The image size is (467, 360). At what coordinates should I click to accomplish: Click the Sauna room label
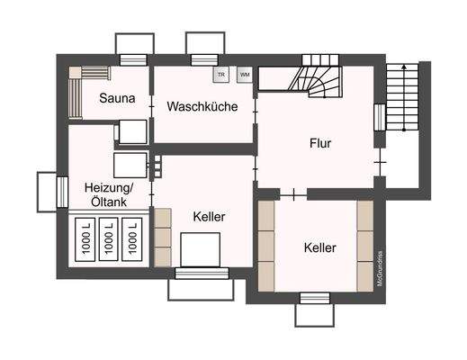point(118,99)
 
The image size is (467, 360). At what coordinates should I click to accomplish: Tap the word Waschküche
point(202,106)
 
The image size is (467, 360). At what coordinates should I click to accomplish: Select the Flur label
point(320,143)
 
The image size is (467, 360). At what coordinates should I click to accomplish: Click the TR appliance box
point(220,76)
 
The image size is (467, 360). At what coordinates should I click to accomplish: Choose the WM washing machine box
point(244,76)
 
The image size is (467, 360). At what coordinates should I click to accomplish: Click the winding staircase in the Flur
point(317,76)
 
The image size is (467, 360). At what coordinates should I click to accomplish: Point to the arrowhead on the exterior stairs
point(403,67)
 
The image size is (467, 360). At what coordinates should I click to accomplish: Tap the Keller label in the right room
point(320,247)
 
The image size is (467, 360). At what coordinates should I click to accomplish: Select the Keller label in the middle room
point(209,217)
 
